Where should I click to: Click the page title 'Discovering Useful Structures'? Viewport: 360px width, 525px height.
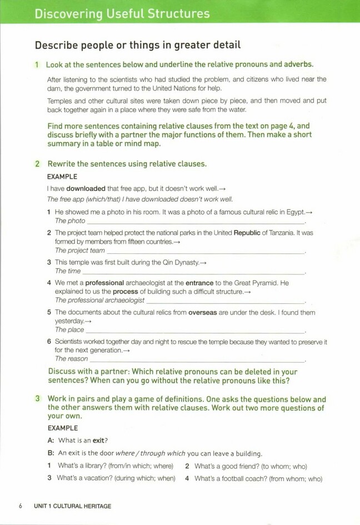pos(122,13)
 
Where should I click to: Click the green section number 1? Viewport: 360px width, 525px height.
pos(37,64)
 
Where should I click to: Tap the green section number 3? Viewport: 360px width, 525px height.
pos(37,399)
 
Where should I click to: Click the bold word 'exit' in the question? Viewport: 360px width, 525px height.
pos(100,441)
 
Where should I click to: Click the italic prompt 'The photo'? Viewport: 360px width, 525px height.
pos(70,221)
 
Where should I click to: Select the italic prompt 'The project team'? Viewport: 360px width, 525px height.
pos(80,251)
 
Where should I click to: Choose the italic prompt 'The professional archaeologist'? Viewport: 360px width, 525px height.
pos(99,301)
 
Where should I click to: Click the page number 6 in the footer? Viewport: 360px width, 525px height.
pos(21,506)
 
